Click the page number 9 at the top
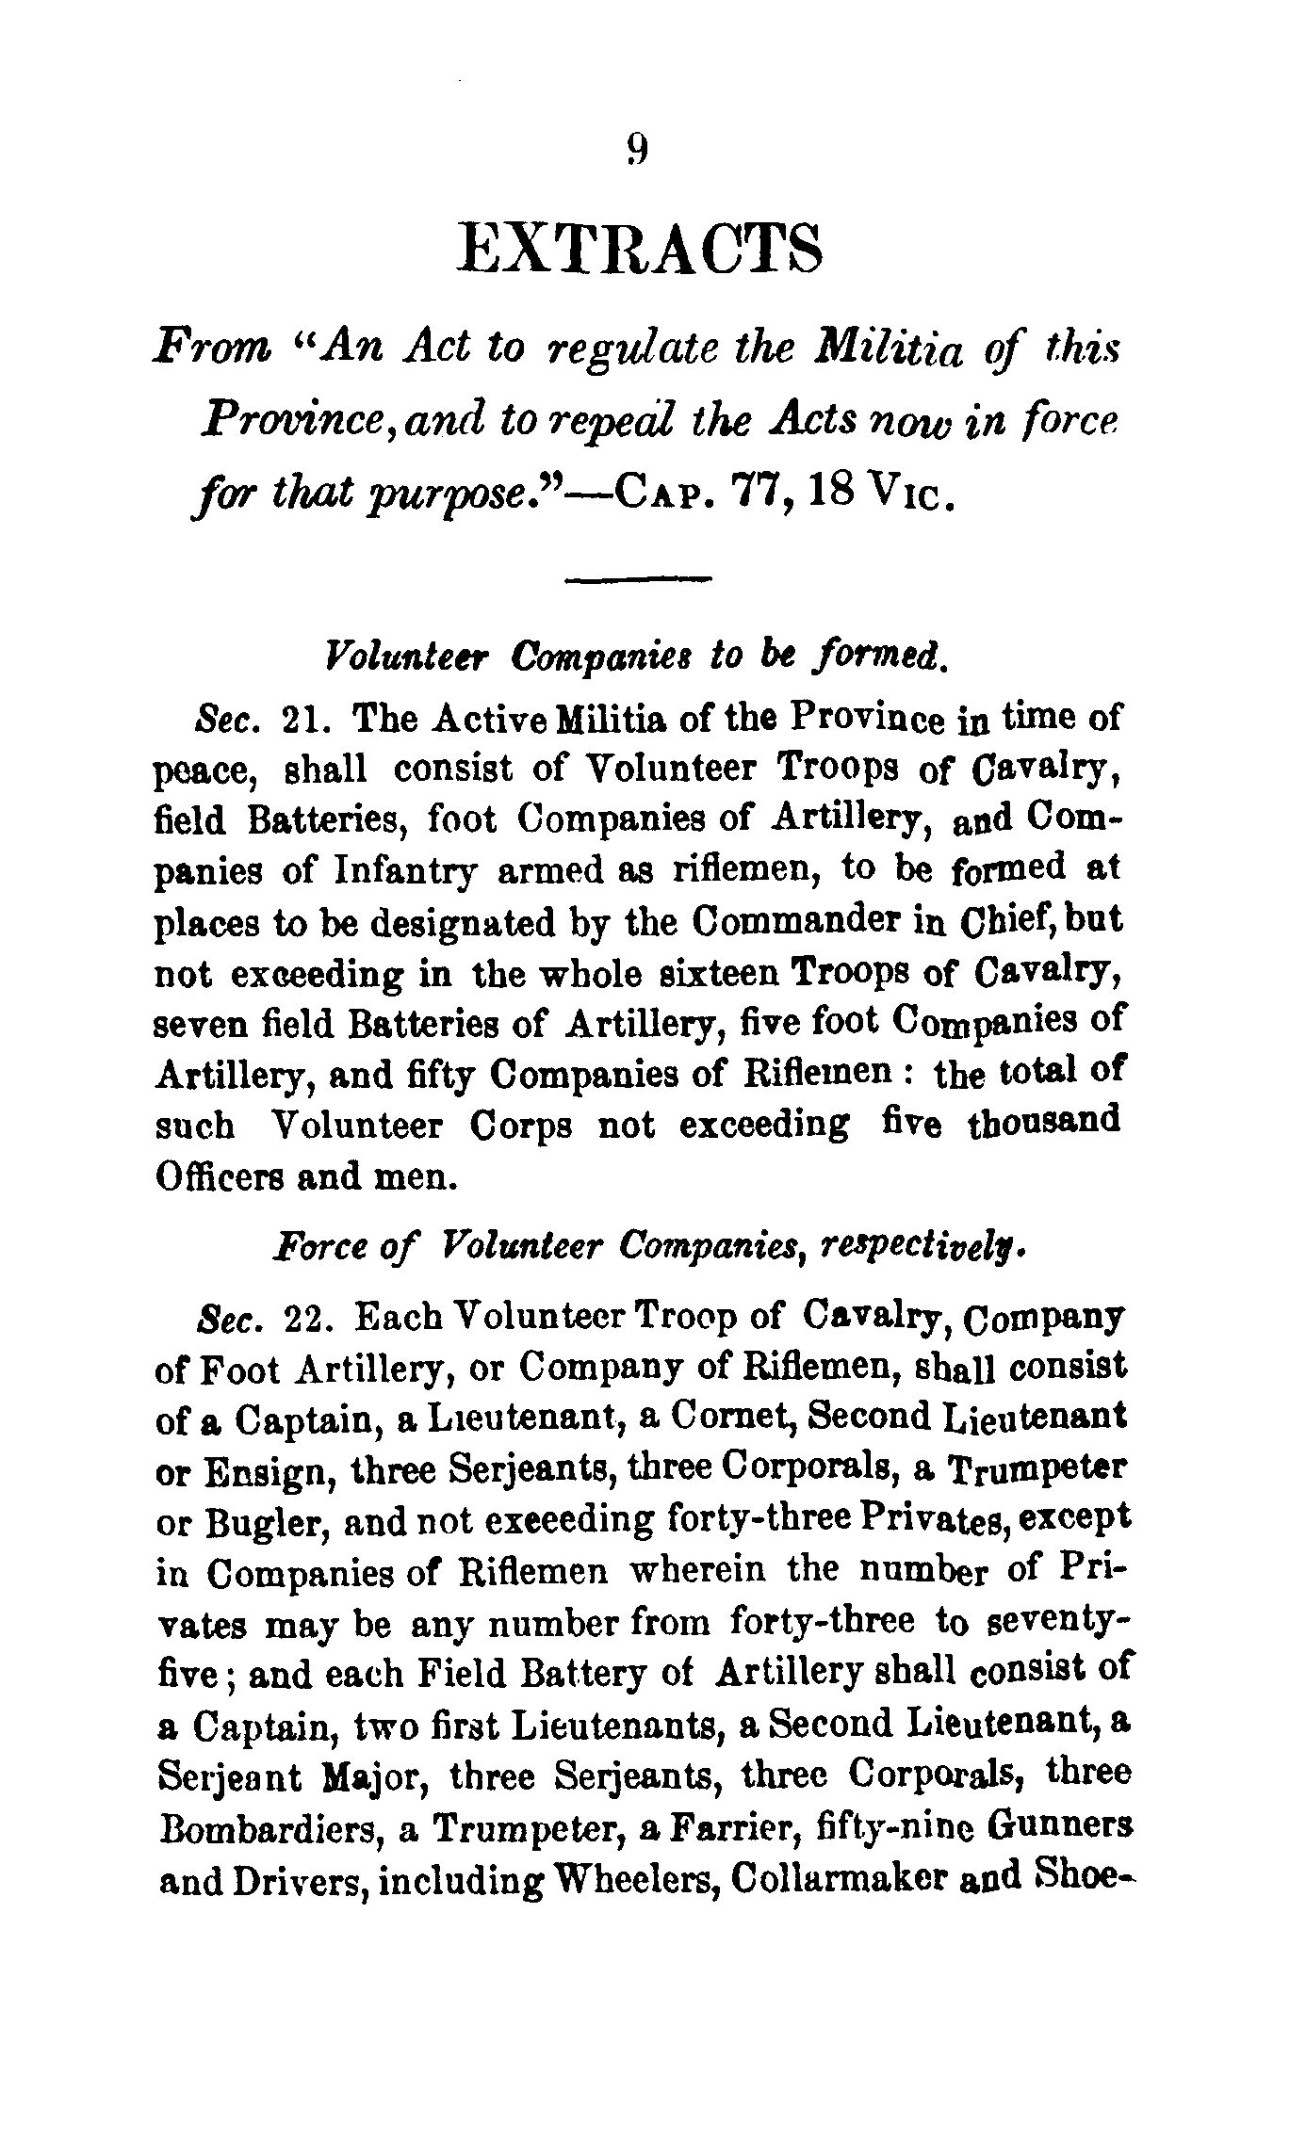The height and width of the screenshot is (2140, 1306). point(637,150)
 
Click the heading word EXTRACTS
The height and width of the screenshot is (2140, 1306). point(640,250)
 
